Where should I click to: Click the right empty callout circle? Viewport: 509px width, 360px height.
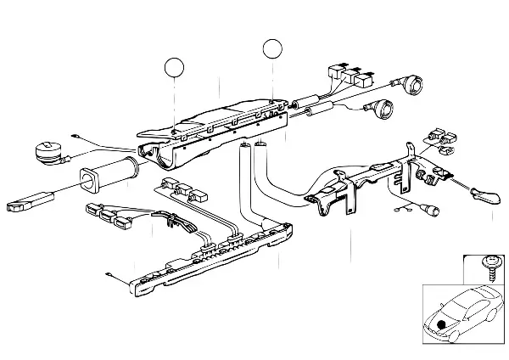(x=272, y=48)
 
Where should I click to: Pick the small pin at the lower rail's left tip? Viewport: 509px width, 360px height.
(x=111, y=273)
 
